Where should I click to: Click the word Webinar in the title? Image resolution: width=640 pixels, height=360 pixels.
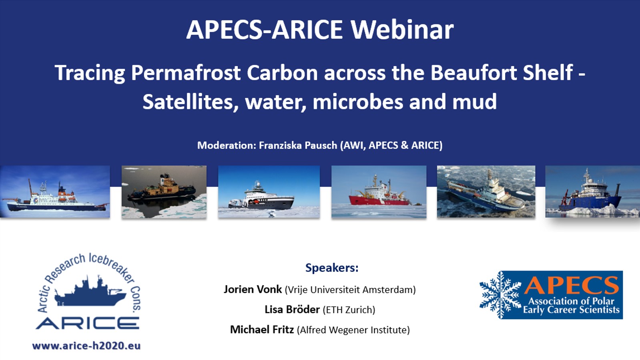click(402, 30)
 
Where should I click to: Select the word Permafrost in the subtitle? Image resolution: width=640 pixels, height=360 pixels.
click(186, 73)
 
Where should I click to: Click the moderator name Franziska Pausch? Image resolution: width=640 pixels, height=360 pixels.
click(298, 145)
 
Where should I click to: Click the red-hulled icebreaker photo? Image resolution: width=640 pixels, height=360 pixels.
click(379, 192)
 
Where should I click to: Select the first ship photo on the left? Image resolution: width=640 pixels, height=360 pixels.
click(55, 192)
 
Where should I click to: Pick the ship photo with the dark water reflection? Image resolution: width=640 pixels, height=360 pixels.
click(164, 192)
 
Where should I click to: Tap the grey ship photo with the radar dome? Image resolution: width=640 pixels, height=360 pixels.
click(269, 192)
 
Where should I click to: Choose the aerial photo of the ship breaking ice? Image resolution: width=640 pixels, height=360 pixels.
click(486, 192)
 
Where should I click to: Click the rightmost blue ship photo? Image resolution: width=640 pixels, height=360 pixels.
click(592, 192)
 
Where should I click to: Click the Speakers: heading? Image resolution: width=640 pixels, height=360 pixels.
click(332, 267)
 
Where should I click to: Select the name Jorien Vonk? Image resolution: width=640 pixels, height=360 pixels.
click(253, 289)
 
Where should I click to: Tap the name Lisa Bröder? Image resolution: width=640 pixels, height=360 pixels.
click(292, 310)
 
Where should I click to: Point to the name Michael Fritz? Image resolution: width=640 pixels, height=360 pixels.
click(262, 330)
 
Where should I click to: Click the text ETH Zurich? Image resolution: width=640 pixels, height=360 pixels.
click(349, 310)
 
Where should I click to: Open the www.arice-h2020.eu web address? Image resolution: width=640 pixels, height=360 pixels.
click(86, 346)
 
